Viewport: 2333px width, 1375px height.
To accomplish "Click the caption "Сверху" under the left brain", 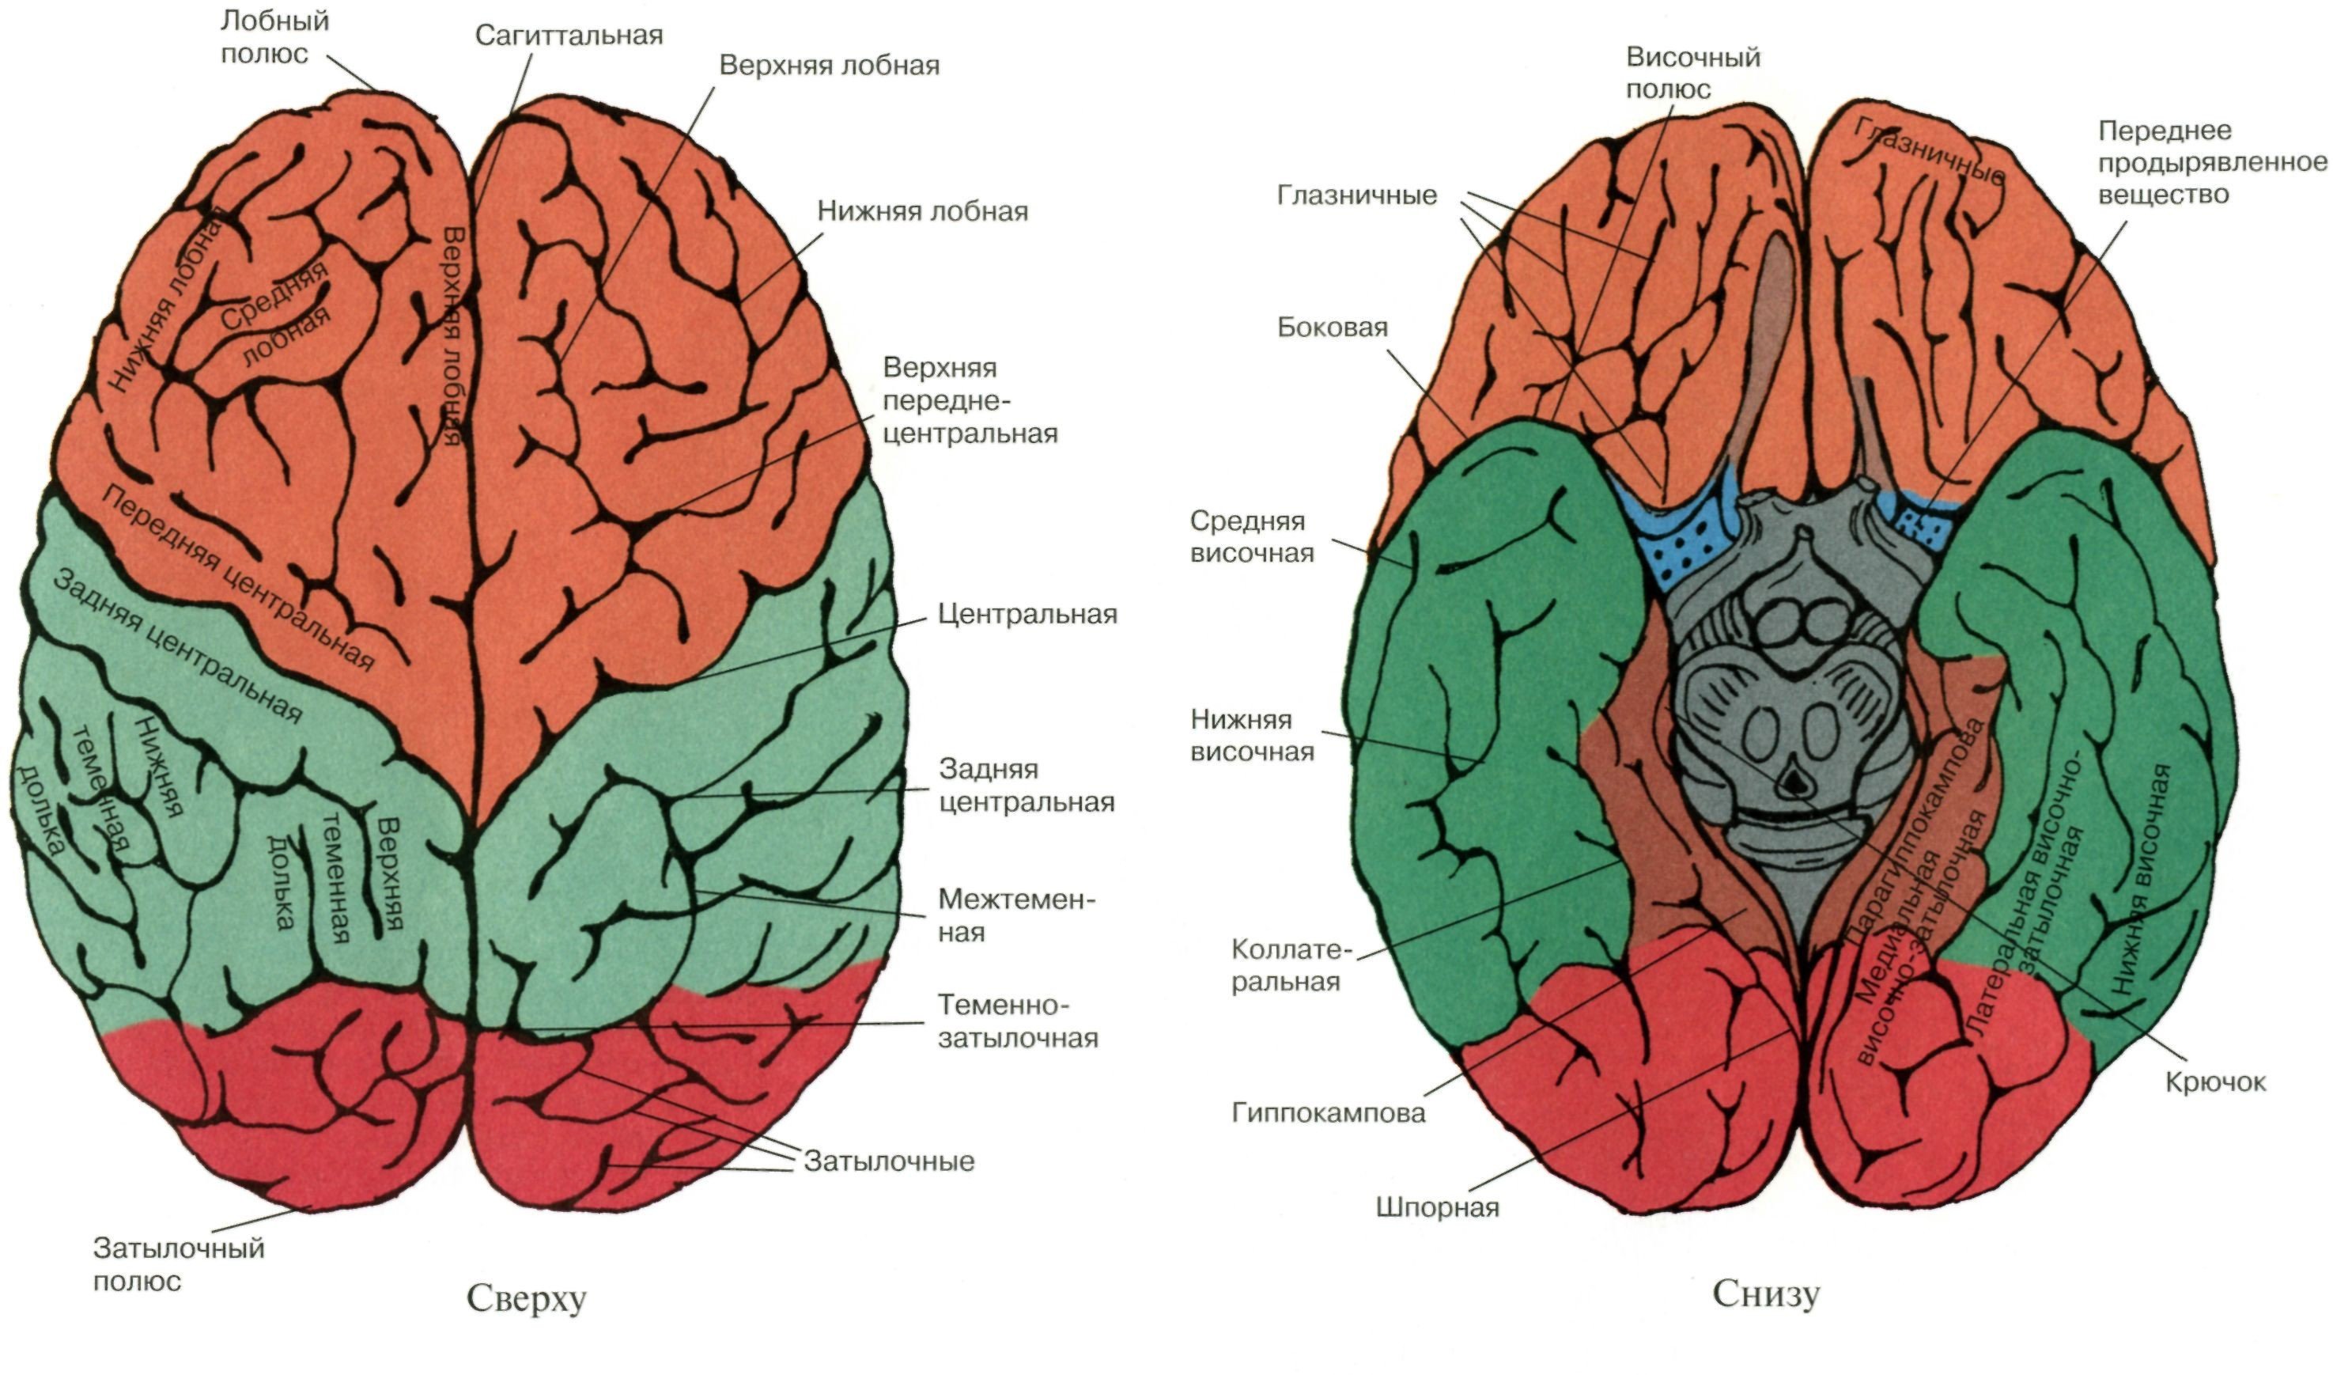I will (525, 1298).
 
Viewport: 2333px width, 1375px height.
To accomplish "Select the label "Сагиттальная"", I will (569, 36).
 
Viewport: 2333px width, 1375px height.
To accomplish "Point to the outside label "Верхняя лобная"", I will (829, 66).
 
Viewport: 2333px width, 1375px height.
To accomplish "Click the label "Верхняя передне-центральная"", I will (969, 400).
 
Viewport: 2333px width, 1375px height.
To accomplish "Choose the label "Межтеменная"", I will (1015, 915).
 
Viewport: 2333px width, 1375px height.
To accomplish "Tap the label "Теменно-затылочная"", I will (1017, 1021).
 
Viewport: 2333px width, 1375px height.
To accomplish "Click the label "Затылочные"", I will (888, 1161).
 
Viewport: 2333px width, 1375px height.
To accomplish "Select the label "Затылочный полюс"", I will (178, 1265).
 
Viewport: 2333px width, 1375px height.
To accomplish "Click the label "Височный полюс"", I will (1692, 74).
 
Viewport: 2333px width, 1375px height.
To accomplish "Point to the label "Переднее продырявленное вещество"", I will (2210, 162).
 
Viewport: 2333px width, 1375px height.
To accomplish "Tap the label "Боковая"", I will (1332, 327).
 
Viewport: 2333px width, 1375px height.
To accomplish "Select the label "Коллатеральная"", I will (1291, 965).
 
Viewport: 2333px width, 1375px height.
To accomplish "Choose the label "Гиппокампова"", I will (1327, 1113).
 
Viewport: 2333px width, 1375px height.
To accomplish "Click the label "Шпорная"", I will (1436, 1207).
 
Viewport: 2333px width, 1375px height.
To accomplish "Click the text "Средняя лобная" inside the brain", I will (276, 312).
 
